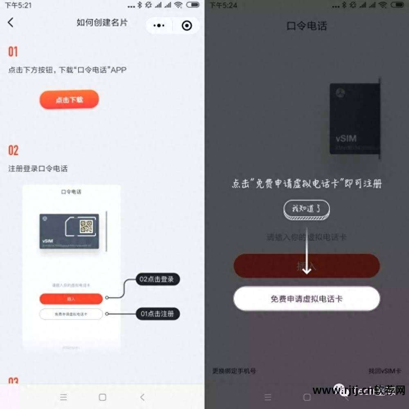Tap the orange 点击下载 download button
coord(69,99)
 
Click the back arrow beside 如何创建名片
coord(11,22)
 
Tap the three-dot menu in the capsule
coord(159,25)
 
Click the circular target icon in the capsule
coord(187,25)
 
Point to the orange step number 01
coord(13,52)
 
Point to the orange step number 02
coord(13,150)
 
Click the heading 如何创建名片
coord(102,22)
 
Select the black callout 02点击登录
coord(157,280)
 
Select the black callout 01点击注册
coord(157,314)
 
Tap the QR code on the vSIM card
coord(86,227)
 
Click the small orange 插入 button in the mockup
coord(71,299)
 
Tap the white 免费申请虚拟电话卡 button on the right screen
coord(306,299)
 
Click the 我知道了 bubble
coord(306,209)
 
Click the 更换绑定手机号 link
coord(234,371)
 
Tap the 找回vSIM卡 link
coord(384,371)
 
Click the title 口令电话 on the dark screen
coord(307,26)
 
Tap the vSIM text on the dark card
coord(346,138)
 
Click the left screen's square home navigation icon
coord(102,397)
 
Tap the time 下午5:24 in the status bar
coord(223,5)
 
